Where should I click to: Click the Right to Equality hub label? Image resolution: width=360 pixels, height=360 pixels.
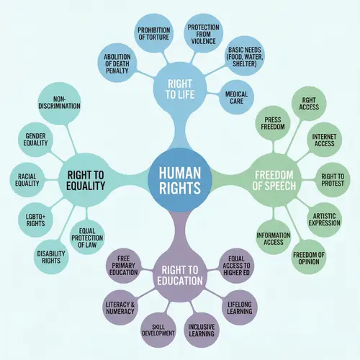click(x=86, y=180)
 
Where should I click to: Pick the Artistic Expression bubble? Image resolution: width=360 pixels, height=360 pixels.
click(x=325, y=218)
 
